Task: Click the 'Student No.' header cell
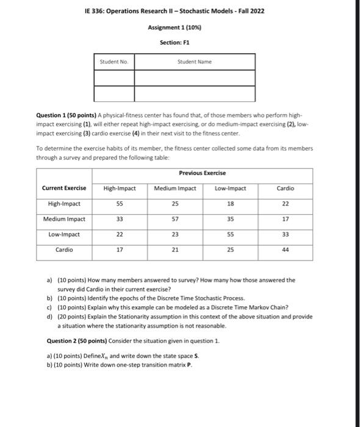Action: (x=114, y=62)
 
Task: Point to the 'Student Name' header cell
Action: (x=194, y=62)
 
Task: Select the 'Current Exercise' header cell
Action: (x=64, y=188)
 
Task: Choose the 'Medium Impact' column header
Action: (x=176, y=188)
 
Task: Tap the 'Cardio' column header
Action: (x=286, y=188)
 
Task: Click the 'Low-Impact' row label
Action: (x=64, y=234)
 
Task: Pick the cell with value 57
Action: (x=176, y=218)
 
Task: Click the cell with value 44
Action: (x=286, y=249)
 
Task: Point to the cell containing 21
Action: (x=176, y=249)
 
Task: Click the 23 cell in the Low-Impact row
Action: (x=176, y=234)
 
